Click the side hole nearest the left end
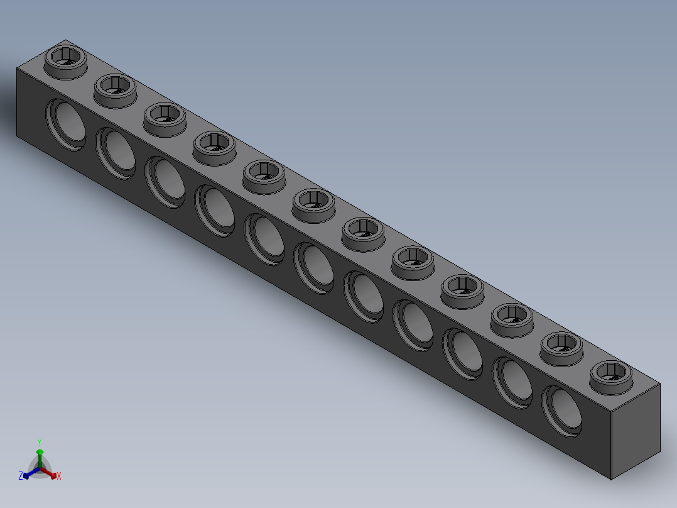tap(65, 123)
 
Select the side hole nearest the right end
tap(562, 410)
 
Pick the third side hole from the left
tap(165, 181)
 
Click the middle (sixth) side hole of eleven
tap(314, 267)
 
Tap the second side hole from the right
tap(512, 381)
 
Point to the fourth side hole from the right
tap(413, 324)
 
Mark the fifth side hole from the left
tap(264, 238)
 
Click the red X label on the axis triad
tap(59, 477)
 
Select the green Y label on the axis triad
tap(39, 441)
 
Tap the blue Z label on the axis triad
tap(21, 476)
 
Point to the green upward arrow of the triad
tap(40, 454)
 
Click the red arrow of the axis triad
tap(51, 473)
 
